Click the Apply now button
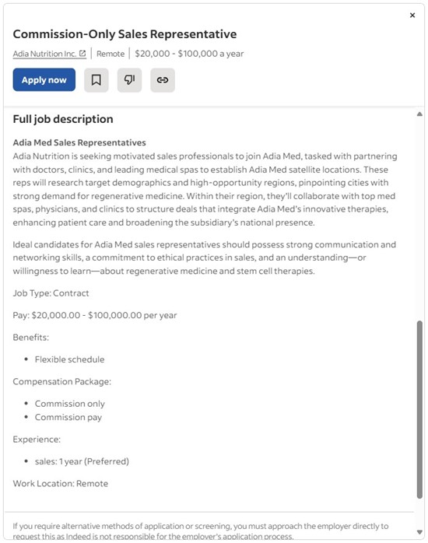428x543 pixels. pyautogui.click(x=44, y=80)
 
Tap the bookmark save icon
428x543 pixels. pyautogui.click(x=96, y=80)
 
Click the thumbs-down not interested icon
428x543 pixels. pyautogui.click(x=129, y=80)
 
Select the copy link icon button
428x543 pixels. pyautogui.click(x=163, y=80)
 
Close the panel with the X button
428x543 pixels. pyautogui.click(x=412, y=16)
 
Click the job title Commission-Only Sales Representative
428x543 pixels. pyautogui.click(x=125, y=34)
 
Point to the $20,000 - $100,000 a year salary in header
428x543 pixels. pyautogui.click(x=189, y=54)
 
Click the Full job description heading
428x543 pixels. pyautogui.click(x=63, y=119)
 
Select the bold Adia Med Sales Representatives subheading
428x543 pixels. pyautogui.click(x=79, y=142)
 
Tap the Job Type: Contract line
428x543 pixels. pyautogui.click(x=51, y=293)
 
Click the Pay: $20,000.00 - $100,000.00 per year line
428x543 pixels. pyautogui.click(x=95, y=315)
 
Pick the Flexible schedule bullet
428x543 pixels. pyautogui.click(x=69, y=359)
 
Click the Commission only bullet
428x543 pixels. pyautogui.click(x=69, y=404)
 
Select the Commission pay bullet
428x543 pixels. pyautogui.click(x=68, y=417)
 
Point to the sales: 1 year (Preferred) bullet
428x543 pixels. pyautogui.click(x=82, y=461)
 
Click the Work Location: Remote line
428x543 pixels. pyautogui.click(x=61, y=483)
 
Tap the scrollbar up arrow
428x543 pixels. pyautogui.click(x=419, y=114)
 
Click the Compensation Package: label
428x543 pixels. pyautogui.click(x=62, y=381)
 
